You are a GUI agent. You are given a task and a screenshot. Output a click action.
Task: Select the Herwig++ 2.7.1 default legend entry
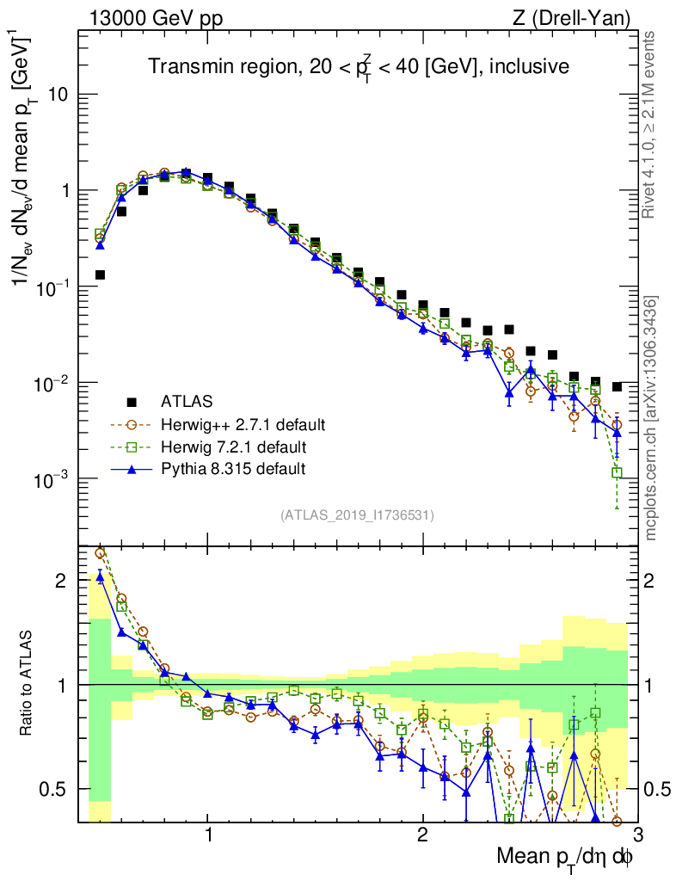click(x=242, y=424)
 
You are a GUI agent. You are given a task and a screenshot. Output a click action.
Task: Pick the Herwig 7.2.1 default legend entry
click(x=234, y=447)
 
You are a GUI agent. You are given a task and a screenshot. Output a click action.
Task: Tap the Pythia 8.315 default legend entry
click(x=232, y=469)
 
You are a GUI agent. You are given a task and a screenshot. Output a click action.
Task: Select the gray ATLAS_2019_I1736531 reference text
click(x=357, y=515)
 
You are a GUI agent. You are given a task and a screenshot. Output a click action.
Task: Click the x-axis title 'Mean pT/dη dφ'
click(x=565, y=856)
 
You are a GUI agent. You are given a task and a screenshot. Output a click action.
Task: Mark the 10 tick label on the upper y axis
click(x=57, y=95)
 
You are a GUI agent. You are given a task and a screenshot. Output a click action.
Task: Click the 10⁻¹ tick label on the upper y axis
click(x=49, y=286)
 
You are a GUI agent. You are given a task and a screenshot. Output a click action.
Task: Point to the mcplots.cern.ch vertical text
click(x=651, y=418)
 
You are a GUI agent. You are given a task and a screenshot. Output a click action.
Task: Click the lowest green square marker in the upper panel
click(x=617, y=472)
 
